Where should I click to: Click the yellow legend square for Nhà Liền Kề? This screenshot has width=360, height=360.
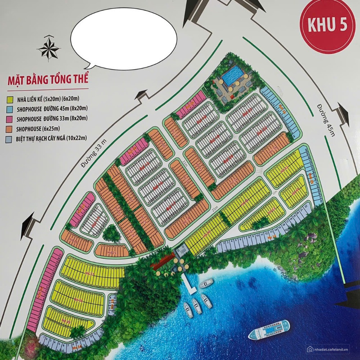click(10, 99)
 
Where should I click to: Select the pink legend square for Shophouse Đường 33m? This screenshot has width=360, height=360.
click(10, 118)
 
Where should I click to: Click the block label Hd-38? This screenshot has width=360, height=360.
click(78, 300)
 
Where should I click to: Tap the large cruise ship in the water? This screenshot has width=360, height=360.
click(269, 330)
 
